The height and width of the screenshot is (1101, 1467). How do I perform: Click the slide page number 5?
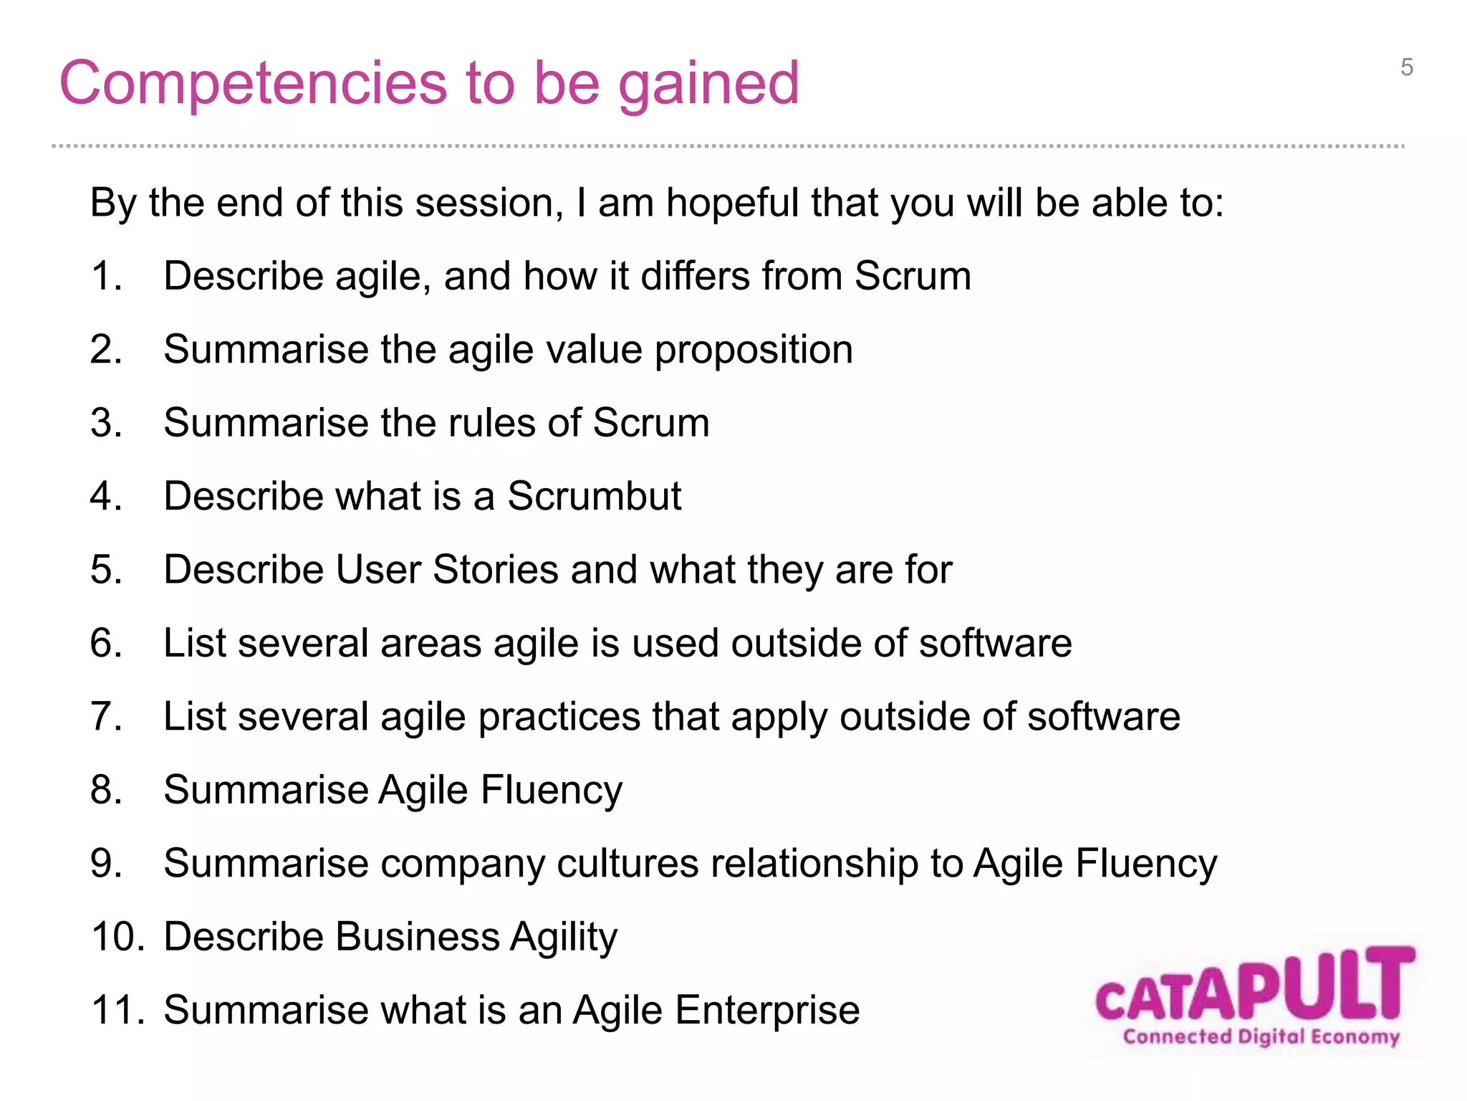(1407, 68)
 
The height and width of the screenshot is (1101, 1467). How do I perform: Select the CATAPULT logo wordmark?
(1255, 986)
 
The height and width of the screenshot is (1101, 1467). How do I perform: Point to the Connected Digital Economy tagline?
(1261, 1037)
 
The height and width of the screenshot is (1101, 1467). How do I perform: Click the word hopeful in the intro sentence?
(731, 203)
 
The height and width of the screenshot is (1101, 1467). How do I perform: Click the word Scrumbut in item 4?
(595, 496)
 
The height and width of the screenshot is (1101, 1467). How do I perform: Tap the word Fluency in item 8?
(551, 790)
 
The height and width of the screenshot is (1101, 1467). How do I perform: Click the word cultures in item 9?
(627, 863)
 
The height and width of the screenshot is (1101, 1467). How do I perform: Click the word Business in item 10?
(418, 937)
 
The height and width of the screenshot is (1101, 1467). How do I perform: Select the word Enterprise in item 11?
(766, 1010)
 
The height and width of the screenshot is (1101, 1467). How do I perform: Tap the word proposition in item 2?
(753, 350)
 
